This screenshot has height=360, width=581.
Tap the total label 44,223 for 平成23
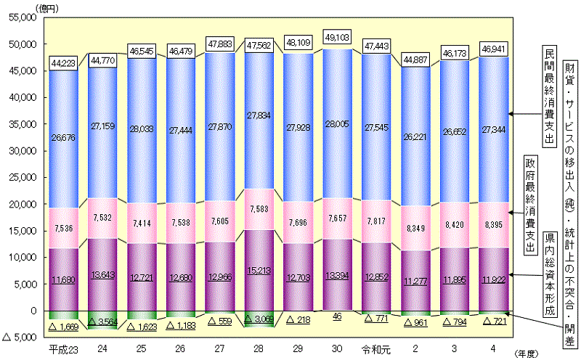coord(64,64)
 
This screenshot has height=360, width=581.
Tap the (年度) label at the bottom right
coord(529,352)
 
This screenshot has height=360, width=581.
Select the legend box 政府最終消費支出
coord(530,205)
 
